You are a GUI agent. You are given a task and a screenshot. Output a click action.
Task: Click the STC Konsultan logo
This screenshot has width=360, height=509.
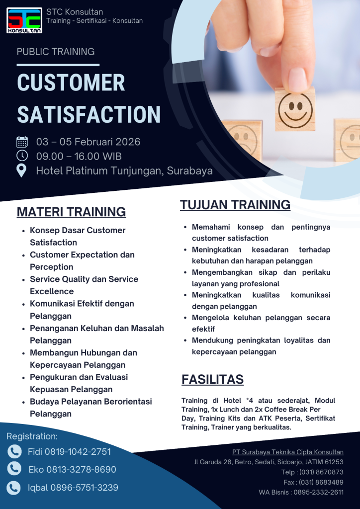point(24,20)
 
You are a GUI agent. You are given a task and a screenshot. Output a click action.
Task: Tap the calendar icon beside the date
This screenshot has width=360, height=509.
point(22,142)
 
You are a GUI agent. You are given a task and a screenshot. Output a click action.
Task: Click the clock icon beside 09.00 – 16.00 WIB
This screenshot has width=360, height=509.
point(22,156)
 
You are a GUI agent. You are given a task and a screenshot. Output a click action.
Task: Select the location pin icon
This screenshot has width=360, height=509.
point(22,170)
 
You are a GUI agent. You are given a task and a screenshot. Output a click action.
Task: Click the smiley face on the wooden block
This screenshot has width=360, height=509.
point(295,109)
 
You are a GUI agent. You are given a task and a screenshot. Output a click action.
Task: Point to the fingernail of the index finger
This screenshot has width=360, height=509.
point(297,80)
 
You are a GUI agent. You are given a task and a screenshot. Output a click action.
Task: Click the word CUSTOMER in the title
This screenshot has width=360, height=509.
point(71,83)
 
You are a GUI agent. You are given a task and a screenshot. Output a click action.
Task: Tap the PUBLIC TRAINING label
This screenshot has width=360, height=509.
point(56,52)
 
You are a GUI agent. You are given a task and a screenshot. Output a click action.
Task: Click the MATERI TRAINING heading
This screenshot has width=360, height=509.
point(71,212)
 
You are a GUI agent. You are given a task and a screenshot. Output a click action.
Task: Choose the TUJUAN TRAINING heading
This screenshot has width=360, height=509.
point(235,205)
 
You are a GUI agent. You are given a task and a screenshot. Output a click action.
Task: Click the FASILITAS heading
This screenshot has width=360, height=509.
point(212,380)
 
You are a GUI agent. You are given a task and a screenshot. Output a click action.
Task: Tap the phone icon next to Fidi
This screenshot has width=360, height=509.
point(14,451)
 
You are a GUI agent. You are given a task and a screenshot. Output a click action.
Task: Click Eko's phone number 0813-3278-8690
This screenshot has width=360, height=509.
point(81,469)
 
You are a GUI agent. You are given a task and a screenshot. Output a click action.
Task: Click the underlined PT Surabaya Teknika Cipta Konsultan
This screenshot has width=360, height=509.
point(287,452)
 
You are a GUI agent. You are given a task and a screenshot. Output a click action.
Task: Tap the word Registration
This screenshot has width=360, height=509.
point(32,436)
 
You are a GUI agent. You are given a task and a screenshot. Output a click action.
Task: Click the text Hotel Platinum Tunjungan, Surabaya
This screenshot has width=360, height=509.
point(124,171)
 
